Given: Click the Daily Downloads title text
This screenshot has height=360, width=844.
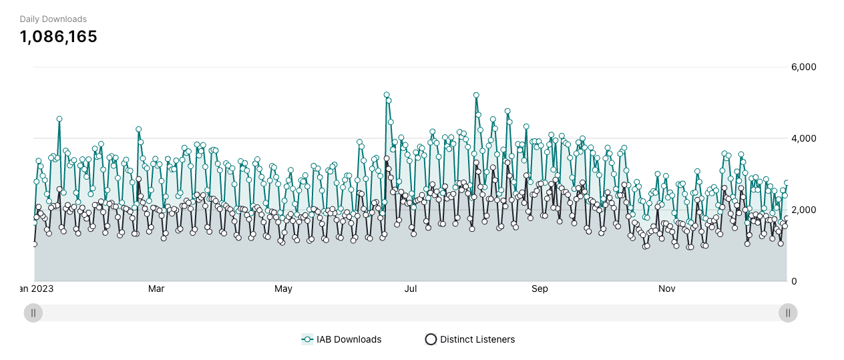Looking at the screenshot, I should pos(53,19).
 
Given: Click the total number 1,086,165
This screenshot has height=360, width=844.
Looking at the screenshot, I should pos(59,37).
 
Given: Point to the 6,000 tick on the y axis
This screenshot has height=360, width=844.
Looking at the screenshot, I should pos(803,67).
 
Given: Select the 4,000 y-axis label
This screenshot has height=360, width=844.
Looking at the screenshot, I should pos(803,139).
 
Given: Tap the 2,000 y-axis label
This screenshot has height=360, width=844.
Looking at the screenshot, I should pos(803,210).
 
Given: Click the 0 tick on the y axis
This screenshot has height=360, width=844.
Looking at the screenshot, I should pos(794,281).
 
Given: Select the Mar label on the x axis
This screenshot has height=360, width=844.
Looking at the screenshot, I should pos(156,289).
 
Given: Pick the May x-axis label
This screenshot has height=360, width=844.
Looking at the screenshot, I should pos(284,289).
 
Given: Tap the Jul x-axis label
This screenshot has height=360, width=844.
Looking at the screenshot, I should pos(411,289).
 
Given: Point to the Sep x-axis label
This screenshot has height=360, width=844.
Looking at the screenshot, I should pos(540,289).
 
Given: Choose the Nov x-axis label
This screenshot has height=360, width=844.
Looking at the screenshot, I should pos(666,289).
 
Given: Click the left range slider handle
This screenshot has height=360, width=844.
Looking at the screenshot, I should pos(33,313).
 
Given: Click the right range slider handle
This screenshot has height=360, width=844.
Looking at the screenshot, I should pos(788,313).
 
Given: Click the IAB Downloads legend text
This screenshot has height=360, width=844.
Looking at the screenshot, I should pos(349,339).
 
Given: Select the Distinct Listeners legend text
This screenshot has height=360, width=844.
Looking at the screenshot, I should pos(477,339).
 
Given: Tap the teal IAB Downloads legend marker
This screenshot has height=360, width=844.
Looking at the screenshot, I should pos(307,339).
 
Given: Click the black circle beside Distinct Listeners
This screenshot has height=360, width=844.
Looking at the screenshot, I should pos(431,339).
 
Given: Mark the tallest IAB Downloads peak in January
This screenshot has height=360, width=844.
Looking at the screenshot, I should pos(59,119).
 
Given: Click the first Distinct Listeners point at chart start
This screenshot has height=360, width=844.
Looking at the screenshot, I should pos(34,244).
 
